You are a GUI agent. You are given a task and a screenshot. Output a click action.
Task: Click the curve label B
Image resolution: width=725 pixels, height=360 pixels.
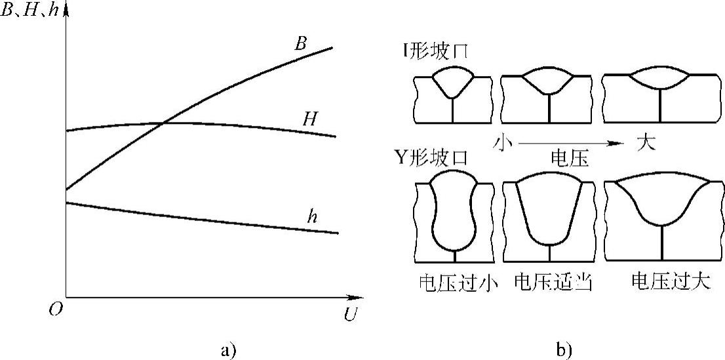point(300,45)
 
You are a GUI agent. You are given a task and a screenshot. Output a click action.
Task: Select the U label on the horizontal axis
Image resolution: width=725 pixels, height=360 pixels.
point(351,314)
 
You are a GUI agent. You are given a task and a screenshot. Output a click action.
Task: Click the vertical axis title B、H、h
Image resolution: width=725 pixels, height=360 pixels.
point(31,10)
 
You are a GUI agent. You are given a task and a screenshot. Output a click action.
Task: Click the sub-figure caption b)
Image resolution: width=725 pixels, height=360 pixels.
point(562,350)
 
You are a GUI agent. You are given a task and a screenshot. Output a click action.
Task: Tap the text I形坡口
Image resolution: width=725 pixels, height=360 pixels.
point(435,51)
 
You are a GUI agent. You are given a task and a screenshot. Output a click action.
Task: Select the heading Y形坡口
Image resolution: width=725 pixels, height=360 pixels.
point(431,159)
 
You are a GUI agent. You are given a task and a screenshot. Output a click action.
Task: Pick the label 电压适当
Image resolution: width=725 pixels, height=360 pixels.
point(553,282)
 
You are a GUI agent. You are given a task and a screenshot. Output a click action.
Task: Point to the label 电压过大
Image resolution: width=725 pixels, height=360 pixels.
point(671,282)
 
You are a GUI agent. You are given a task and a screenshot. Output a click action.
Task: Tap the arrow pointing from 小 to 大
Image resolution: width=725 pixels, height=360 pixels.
point(572,144)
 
